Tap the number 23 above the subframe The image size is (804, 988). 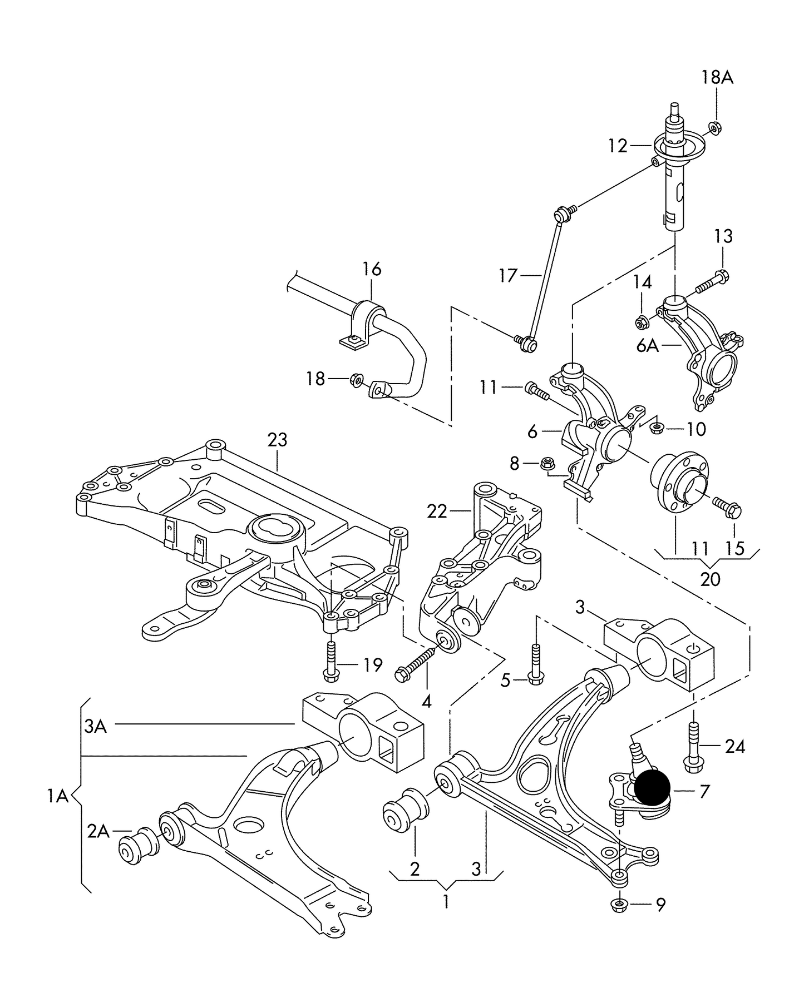pyautogui.click(x=277, y=440)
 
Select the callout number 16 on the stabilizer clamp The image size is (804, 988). pyautogui.click(x=372, y=269)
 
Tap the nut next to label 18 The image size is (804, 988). pyautogui.click(x=356, y=380)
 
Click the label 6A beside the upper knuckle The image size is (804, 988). pyautogui.click(x=648, y=346)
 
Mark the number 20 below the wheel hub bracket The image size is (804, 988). pyautogui.click(x=710, y=579)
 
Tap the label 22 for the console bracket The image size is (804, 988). pyautogui.click(x=437, y=511)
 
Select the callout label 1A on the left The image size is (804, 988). pyautogui.click(x=57, y=797)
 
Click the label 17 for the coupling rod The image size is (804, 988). pyautogui.click(x=508, y=275)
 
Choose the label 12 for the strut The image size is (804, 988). pyautogui.click(x=618, y=146)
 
